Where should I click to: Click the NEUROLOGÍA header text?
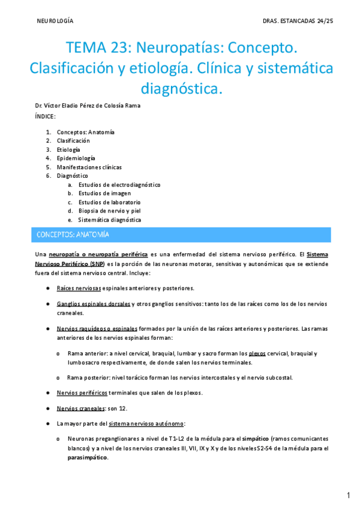(55, 20)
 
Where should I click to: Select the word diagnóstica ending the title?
(181, 89)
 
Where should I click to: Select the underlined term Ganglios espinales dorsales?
(94, 304)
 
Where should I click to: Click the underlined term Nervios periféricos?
(82, 393)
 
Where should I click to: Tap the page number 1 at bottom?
(348, 495)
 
